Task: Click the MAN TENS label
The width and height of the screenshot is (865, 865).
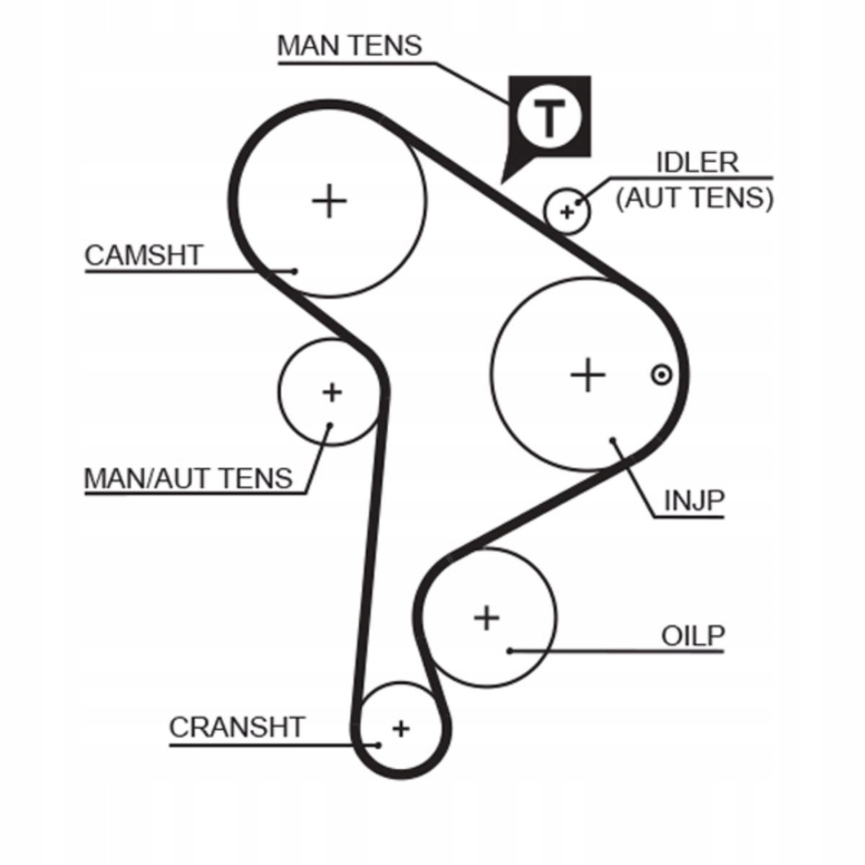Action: pos(350,45)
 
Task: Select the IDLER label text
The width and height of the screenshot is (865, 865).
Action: pos(697,162)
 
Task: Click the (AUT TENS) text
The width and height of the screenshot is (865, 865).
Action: pos(694,198)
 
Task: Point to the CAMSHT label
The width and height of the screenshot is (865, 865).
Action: pos(144,255)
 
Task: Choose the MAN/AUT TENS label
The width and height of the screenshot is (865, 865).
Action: pos(189,478)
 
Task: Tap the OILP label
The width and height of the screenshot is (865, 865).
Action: pos(693,636)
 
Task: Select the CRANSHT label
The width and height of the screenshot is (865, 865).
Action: pos(237,727)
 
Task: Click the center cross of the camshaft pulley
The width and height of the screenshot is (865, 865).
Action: pos(329,200)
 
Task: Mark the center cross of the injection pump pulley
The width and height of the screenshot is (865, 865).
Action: pos(587,375)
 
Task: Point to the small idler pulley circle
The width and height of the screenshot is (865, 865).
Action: pos(567,211)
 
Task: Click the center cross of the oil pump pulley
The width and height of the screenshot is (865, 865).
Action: pos(487,618)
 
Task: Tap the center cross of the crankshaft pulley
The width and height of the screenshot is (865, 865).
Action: pos(401,728)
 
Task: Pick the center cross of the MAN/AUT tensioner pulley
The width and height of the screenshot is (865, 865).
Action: pos(332,393)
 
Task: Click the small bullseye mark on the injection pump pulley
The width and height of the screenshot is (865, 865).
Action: pos(661,375)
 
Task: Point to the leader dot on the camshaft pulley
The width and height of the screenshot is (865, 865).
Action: pos(294,271)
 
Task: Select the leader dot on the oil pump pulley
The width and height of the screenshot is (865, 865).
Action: pos(510,651)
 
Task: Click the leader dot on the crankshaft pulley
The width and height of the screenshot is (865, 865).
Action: pos(378,745)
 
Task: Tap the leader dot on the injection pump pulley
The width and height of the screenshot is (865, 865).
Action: pos(613,439)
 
